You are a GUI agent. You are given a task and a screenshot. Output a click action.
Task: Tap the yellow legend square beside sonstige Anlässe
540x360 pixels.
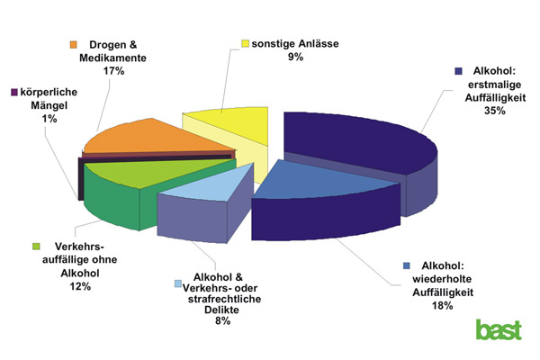[x=246, y=42]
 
